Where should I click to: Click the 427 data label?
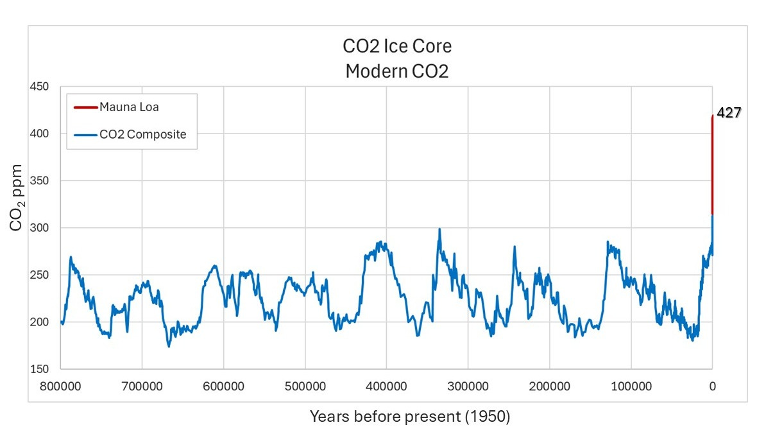[x=729, y=113]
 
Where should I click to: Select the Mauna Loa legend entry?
[x=128, y=107]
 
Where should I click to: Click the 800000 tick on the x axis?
[x=61, y=386]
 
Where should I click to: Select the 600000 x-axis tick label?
[x=224, y=386]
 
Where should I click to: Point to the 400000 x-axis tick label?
[x=387, y=386]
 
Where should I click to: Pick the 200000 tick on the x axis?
[x=550, y=386]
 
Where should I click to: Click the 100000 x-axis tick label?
[x=631, y=386]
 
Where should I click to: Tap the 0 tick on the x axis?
[x=712, y=386]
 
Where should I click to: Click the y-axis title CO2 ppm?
[x=17, y=197]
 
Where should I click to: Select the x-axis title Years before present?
[x=409, y=417]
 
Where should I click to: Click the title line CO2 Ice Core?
[x=396, y=47]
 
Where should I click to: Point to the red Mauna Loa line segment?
[x=712, y=167]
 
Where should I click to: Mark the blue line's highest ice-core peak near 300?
[x=439, y=229]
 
